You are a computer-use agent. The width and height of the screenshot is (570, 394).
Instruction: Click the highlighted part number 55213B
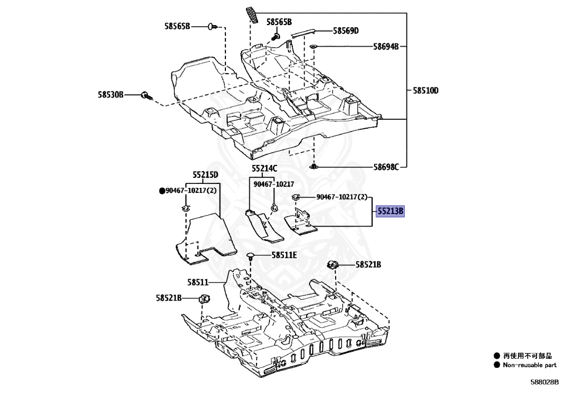pyautogui.click(x=391, y=212)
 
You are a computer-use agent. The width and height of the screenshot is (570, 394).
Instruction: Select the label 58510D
pyautogui.click(x=425, y=90)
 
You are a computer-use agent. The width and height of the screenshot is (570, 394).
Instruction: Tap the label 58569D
pyautogui.click(x=346, y=31)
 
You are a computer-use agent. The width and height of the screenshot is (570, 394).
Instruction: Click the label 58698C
pyautogui.click(x=386, y=166)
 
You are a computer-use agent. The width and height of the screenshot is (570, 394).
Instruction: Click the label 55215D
pyautogui.click(x=205, y=174)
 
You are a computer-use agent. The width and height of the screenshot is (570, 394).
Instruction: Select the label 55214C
pyautogui.click(x=264, y=168)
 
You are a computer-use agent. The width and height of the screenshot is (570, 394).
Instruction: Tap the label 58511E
pyautogui.click(x=284, y=255)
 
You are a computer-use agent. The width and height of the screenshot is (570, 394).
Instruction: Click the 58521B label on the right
pyautogui.click(x=368, y=265)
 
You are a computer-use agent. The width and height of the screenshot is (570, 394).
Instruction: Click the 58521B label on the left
pyautogui.click(x=169, y=298)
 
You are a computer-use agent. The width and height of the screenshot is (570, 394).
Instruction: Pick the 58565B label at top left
pyautogui.click(x=177, y=26)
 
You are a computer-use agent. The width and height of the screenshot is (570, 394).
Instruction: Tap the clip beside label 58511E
pyautogui.click(x=251, y=256)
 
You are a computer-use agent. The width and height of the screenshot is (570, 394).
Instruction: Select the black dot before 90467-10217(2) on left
pyautogui.click(x=163, y=191)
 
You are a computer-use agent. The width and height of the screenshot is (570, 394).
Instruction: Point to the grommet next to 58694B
pyautogui.click(x=313, y=46)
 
